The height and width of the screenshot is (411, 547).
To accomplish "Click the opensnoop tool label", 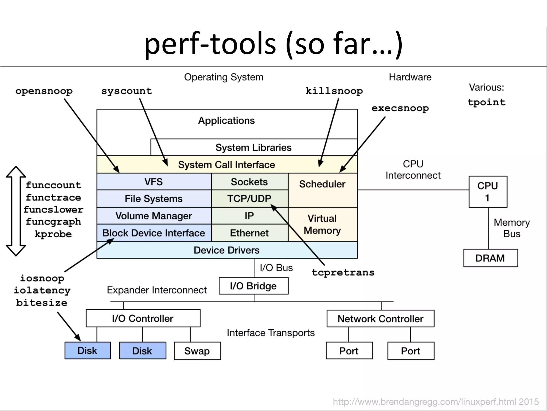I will coord(44,91).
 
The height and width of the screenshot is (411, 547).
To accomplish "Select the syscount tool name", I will coord(127,91).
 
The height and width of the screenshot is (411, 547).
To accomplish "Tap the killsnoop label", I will coord(334,91).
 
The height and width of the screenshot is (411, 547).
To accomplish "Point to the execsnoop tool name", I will coord(400,108).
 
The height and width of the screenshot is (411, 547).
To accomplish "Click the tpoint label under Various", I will coord(486,102).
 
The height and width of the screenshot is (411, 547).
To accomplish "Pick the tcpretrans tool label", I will coord(343,272).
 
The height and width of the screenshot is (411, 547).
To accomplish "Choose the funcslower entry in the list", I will coord(53,210).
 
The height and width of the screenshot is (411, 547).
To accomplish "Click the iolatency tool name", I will coord(42,290).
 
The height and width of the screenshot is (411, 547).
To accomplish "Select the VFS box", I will coord(154,182).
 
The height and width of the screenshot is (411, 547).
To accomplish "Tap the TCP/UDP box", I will coord(249,199).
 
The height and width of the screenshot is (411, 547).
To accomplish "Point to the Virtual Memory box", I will coord(322,224).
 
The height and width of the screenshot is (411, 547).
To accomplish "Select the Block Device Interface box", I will coord(154,233).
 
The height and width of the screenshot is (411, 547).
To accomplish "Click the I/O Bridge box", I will coord(253,286).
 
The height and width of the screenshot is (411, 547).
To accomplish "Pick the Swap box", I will coord(197,351).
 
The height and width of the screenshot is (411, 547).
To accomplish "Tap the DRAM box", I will coord(490,258).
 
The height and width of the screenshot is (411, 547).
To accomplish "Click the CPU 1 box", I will coord(488,192).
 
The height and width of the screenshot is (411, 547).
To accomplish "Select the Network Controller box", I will coord(380,319).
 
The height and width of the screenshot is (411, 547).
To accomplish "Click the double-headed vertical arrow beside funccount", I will coord(16,211).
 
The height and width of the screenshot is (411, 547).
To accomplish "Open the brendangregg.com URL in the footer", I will coord(435,402).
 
